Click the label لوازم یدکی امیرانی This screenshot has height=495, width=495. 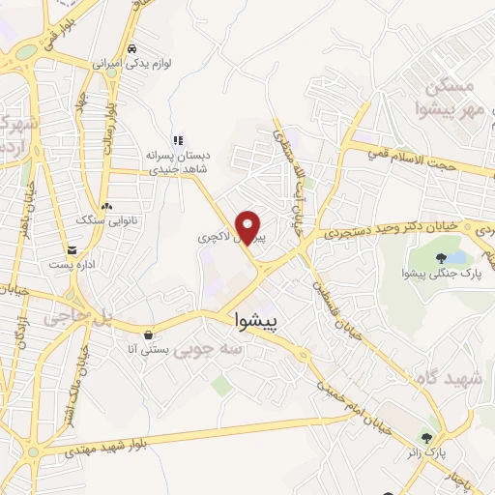(132, 63)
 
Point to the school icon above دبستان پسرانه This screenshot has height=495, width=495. (177, 140)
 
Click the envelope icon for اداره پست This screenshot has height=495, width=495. (73, 248)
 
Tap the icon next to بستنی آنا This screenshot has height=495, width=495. (147, 335)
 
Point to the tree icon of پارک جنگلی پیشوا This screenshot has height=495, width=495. (441, 258)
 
